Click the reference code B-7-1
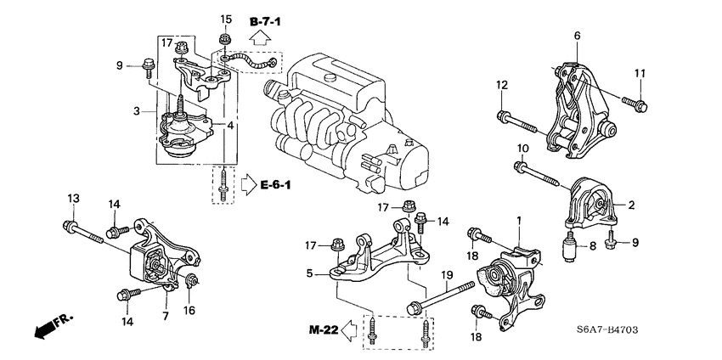(263, 18)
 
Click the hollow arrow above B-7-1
(262, 37)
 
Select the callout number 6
(577, 35)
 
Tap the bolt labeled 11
(633, 103)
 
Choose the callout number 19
(447, 274)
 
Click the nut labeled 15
(224, 39)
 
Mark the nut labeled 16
(193, 282)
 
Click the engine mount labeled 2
(593, 205)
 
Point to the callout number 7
(166, 315)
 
